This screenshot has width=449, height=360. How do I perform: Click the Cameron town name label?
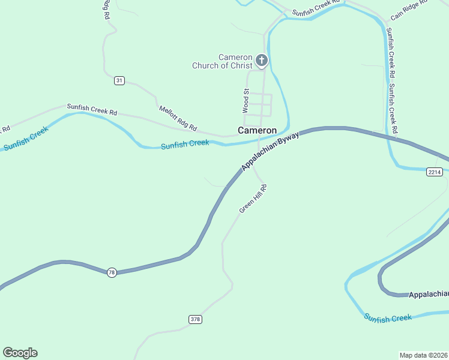(x=257, y=130)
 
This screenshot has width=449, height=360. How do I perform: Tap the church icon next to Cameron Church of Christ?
(x=261, y=60)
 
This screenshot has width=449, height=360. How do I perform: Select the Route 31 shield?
(x=119, y=80)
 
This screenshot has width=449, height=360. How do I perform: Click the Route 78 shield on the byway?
(x=112, y=272)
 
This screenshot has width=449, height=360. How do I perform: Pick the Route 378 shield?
(x=195, y=319)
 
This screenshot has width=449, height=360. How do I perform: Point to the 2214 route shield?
(x=435, y=172)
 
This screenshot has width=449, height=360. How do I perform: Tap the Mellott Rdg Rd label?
(x=178, y=118)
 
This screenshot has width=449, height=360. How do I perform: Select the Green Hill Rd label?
(x=252, y=199)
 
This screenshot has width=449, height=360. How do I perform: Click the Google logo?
(x=20, y=353)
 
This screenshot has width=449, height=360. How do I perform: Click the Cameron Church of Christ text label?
(x=222, y=61)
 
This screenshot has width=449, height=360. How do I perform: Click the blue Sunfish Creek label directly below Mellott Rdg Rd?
(x=185, y=144)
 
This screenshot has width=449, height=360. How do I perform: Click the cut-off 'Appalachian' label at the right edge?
(x=429, y=294)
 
